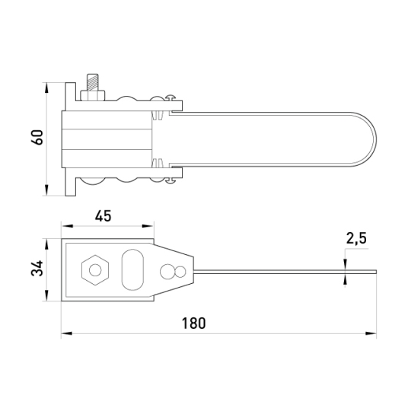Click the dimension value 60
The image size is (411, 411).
click(37, 137)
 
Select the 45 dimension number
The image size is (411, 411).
click(103, 216)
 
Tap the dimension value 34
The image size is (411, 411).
click(37, 268)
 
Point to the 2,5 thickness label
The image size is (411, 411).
click(356, 238)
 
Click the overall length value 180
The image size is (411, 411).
click(194, 323)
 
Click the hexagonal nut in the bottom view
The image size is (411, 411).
click(95, 270)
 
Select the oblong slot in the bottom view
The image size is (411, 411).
click(132, 269)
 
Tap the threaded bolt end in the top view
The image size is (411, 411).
click(93, 82)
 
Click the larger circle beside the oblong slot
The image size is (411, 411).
click(167, 271)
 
